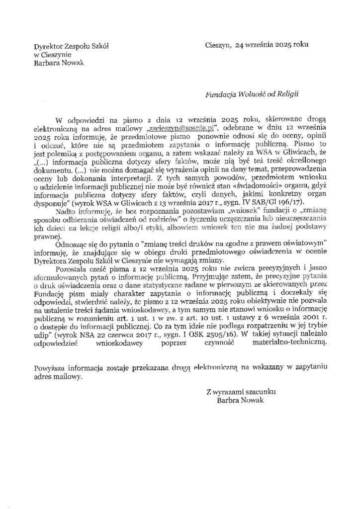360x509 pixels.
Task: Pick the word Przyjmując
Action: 213,277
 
